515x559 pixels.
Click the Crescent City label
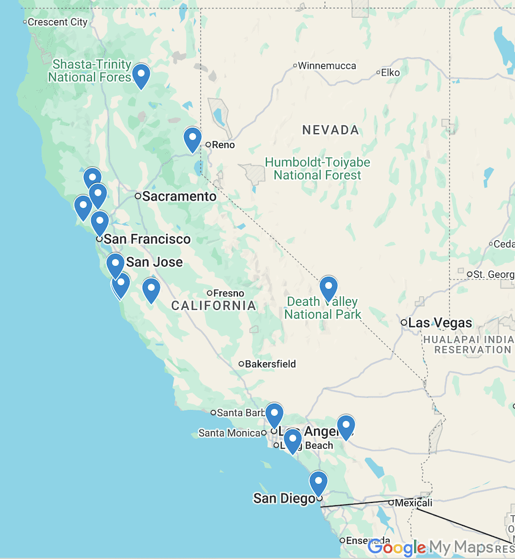point(57,22)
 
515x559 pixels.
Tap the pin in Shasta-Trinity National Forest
point(141,75)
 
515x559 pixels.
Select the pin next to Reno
point(193,138)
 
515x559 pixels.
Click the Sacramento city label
point(179,197)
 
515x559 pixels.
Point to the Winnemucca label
point(326,66)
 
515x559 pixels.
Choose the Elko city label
point(390,72)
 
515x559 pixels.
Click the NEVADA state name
point(330,131)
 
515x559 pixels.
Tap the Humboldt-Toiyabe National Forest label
point(317,169)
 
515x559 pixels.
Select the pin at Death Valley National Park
point(329,288)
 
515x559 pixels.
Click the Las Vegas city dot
point(404,323)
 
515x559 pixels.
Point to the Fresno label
point(229,293)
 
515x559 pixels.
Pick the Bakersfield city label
point(270,364)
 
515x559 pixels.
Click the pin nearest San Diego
point(319,482)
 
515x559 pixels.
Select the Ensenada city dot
point(343,541)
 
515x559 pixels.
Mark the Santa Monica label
point(229,433)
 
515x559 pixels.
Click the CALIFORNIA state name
point(213,306)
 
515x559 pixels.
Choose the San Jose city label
point(154,262)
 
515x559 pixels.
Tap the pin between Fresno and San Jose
point(151,289)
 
